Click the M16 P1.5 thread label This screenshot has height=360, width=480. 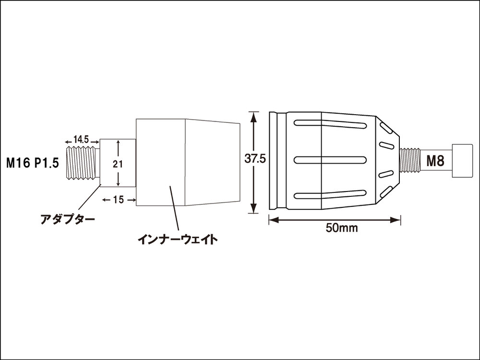(x=32, y=164)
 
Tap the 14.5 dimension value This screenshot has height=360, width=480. (x=81, y=140)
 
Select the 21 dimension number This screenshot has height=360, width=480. (x=118, y=164)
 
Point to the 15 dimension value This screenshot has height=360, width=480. (x=118, y=200)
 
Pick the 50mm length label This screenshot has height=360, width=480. (x=342, y=228)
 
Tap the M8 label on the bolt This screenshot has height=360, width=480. (x=435, y=161)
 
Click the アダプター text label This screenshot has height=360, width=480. (x=68, y=219)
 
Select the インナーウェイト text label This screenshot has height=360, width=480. (x=178, y=239)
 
